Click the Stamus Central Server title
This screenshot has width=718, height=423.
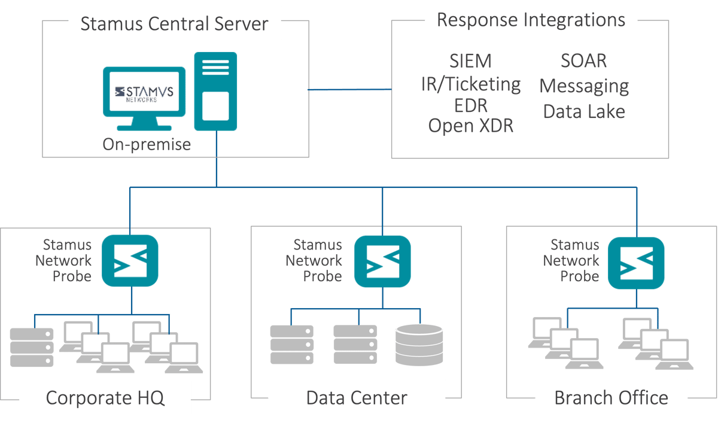(x=174, y=24)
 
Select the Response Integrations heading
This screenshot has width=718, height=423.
(x=531, y=20)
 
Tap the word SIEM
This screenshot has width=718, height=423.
(x=470, y=61)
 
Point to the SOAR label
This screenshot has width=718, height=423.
(x=583, y=60)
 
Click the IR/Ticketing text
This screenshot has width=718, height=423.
(x=470, y=84)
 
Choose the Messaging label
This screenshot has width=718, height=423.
(x=584, y=86)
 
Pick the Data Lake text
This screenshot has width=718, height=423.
(x=584, y=111)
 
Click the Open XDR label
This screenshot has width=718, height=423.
(x=470, y=125)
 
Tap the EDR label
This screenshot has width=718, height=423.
(x=470, y=105)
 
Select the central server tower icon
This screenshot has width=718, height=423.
(x=215, y=91)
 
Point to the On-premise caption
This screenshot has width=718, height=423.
(x=147, y=144)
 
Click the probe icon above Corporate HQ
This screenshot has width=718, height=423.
(x=130, y=260)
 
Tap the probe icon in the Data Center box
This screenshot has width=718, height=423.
(x=382, y=261)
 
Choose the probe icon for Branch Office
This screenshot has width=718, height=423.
(x=636, y=263)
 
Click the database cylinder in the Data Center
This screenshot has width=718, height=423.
(x=419, y=345)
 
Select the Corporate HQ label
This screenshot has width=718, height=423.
(x=105, y=398)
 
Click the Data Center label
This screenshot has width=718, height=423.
(x=357, y=398)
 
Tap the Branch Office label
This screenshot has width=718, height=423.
(x=611, y=398)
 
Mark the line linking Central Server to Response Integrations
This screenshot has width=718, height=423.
(x=350, y=90)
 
